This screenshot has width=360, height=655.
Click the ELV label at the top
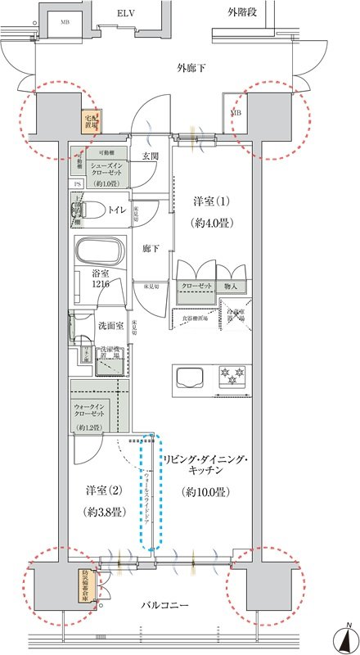pyautogui.click(x=125, y=14)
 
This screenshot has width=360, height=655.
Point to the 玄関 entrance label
pyautogui.click(x=150, y=156)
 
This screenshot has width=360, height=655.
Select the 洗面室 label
pyautogui.click(x=110, y=325)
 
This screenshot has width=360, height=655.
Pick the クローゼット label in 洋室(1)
pyautogui.click(x=198, y=287)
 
